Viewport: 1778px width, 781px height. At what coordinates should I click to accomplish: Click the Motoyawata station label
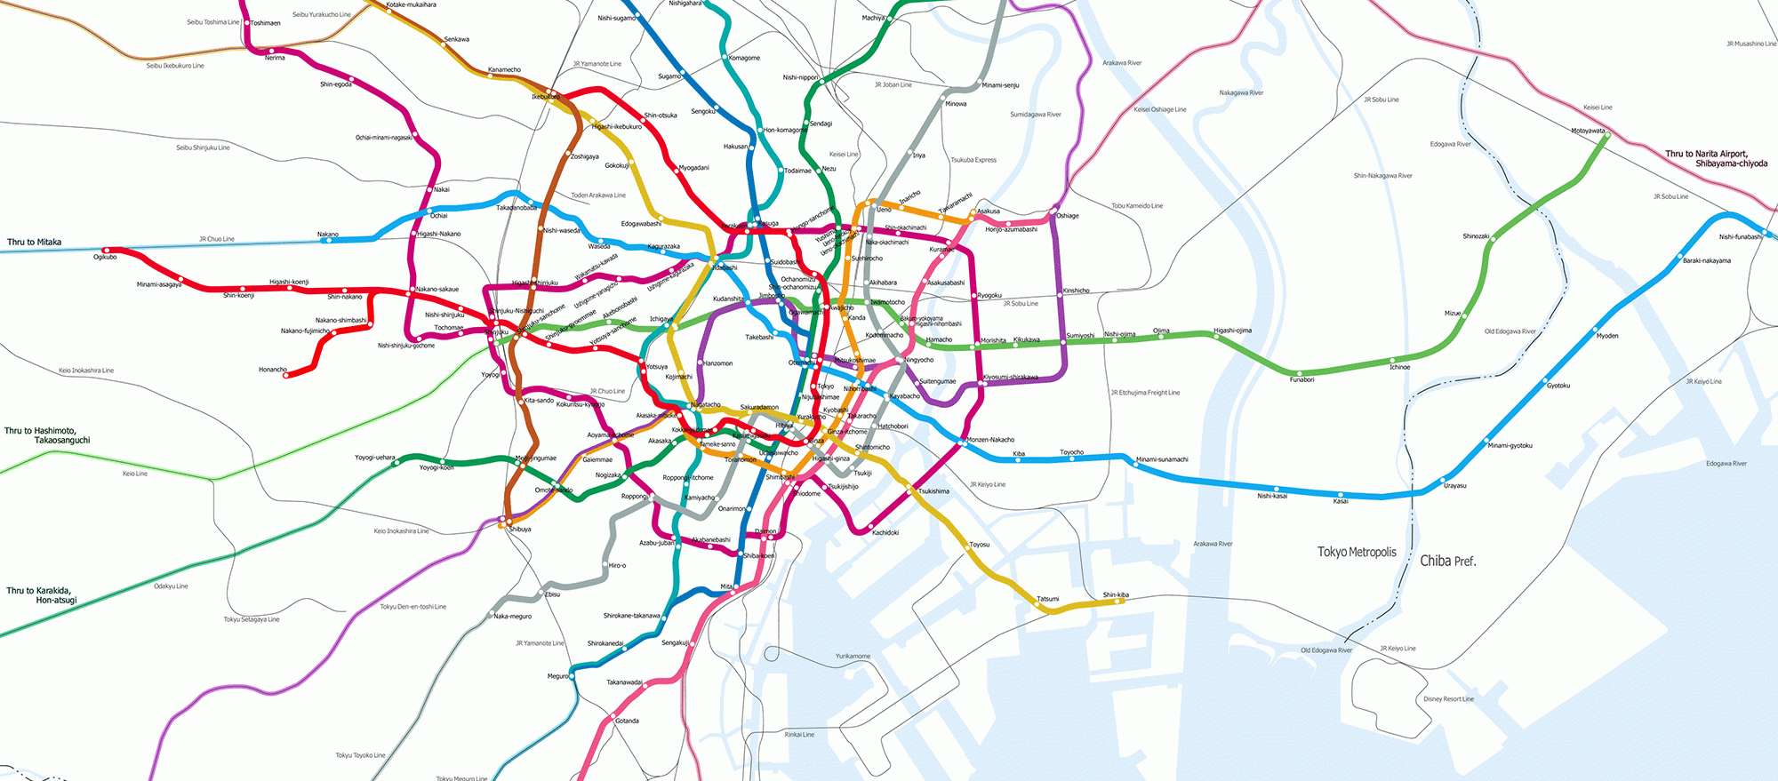click(x=1588, y=131)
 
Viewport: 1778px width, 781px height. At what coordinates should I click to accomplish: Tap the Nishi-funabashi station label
click(x=1740, y=237)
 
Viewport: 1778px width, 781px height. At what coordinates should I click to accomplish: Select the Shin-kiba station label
click(x=1116, y=594)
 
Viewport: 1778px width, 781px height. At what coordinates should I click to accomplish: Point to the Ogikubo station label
click(x=105, y=258)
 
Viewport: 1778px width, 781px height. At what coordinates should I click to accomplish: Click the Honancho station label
click(x=273, y=370)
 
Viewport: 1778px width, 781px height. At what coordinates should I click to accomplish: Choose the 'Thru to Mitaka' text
click(x=35, y=242)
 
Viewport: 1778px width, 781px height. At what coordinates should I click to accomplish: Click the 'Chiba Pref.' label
click(x=1447, y=561)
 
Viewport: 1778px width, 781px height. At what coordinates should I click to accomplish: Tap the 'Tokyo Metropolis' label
click(x=1357, y=552)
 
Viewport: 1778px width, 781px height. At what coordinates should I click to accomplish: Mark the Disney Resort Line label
click(x=1448, y=699)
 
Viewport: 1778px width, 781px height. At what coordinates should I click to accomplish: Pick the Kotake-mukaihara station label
click(x=412, y=4)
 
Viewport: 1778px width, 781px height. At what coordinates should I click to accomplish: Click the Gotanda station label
click(x=627, y=721)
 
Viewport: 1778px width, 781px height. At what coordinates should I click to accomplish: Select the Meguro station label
click(x=557, y=676)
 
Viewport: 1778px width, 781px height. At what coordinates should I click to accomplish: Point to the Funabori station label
click(x=1301, y=380)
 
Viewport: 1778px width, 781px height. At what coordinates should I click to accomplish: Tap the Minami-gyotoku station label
click(x=1510, y=446)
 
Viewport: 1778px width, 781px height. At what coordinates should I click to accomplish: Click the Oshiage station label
click(x=1068, y=216)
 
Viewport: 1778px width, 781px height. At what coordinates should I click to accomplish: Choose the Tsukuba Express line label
click(x=973, y=160)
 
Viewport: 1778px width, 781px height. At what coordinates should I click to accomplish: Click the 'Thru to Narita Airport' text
click(x=1706, y=154)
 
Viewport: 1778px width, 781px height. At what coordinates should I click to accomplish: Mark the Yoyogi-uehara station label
click(x=375, y=458)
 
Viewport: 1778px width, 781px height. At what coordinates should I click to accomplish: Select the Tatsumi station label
click(x=1048, y=599)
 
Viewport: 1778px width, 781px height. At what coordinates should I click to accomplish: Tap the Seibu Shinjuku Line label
click(x=203, y=147)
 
